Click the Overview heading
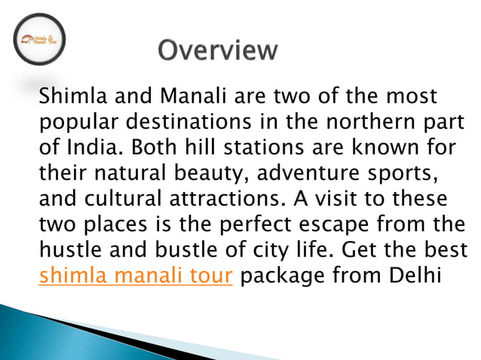coord(217,50)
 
